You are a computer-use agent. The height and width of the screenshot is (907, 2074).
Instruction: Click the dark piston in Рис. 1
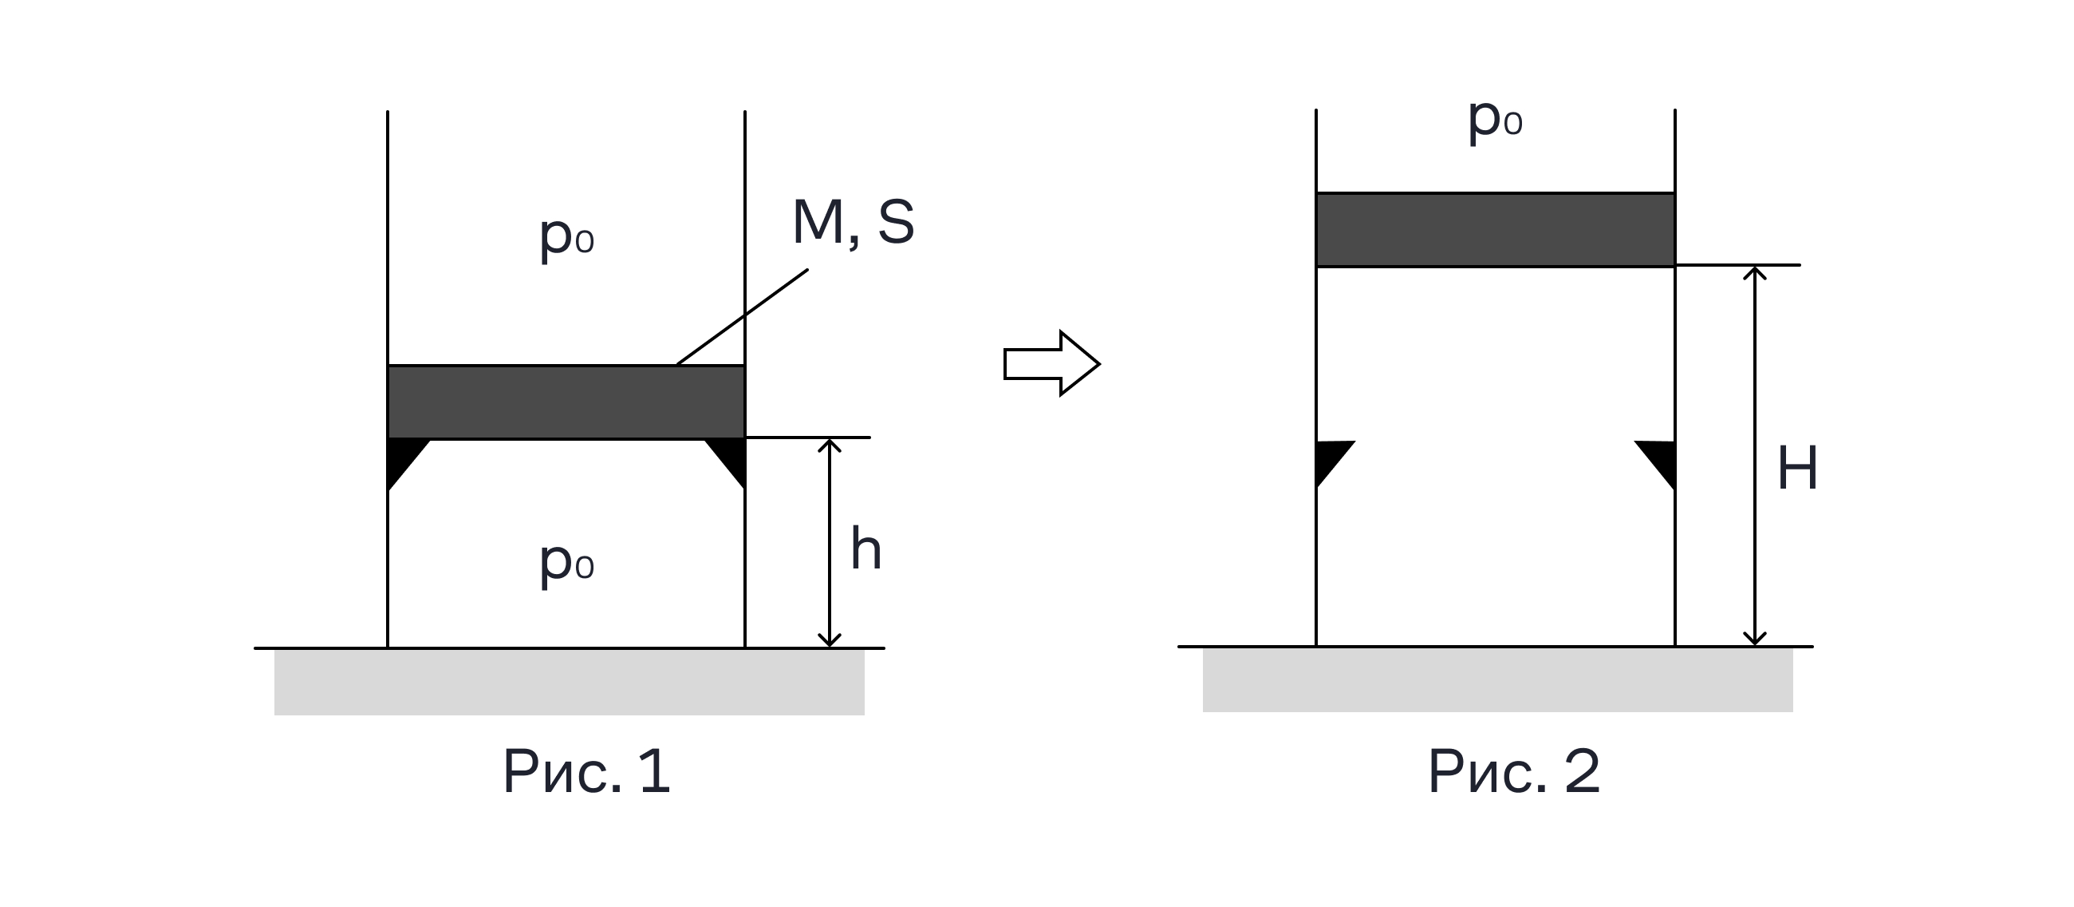[x=566, y=402]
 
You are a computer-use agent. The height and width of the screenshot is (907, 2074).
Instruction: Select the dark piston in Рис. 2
[x=1495, y=230]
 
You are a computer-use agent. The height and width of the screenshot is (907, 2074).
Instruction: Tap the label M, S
[x=854, y=221]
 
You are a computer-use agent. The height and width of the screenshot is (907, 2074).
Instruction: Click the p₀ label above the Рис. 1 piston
[x=567, y=238]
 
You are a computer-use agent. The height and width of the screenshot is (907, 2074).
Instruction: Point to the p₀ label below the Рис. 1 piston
[x=567, y=562]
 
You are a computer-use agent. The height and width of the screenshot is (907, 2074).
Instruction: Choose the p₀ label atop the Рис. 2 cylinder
[x=1495, y=120]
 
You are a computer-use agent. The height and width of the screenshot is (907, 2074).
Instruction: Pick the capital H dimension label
[x=1798, y=468]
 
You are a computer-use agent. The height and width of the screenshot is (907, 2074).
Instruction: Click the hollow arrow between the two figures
[x=1051, y=363]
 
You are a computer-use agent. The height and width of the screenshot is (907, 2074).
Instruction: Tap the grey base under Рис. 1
[x=570, y=683]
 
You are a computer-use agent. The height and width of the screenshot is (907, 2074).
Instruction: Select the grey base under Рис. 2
[x=1497, y=679]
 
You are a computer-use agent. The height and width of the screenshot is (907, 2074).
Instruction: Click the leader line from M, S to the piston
[x=743, y=316]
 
